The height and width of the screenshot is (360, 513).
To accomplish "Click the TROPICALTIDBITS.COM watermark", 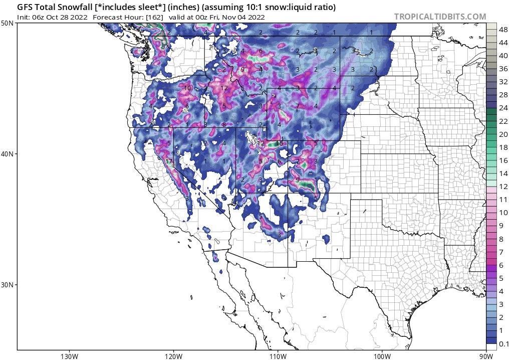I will pyautogui.click(x=440, y=17).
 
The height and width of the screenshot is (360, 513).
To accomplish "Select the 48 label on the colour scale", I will pyautogui.click(x=503, y=30).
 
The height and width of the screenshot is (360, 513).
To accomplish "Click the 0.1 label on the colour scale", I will pyautogui.click(x=504, y=343).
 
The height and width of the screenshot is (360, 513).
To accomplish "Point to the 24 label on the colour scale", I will pyautogui.click(x=503, y=108).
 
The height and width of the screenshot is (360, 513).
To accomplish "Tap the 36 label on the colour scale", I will pyautogui.click(x=503, y=69).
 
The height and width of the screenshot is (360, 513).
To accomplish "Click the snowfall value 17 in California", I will pyautogui.click(x=169, y=161).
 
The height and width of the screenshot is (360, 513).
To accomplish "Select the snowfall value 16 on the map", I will pyautogui.click(x=279, y=143).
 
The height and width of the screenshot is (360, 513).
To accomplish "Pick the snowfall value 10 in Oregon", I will pyautogui.click(x=187, y=88).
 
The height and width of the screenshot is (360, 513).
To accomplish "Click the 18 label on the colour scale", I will pyautogui.click(x=503, y=147).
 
